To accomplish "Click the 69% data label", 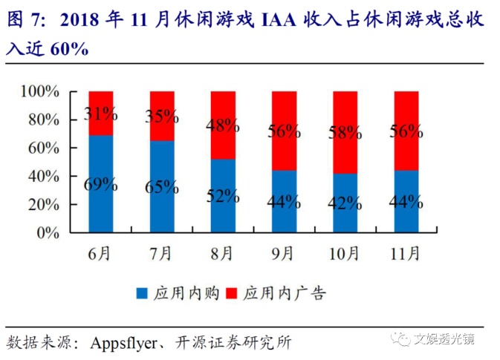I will point(100,185).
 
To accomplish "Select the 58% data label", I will point(345,134).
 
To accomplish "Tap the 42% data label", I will point(345,203).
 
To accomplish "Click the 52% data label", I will point(223,196).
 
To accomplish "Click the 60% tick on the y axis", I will point(43,148).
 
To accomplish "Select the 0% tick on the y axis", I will point(48,232).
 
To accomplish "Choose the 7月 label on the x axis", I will point(161,254).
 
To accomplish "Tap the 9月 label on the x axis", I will point(284,254).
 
